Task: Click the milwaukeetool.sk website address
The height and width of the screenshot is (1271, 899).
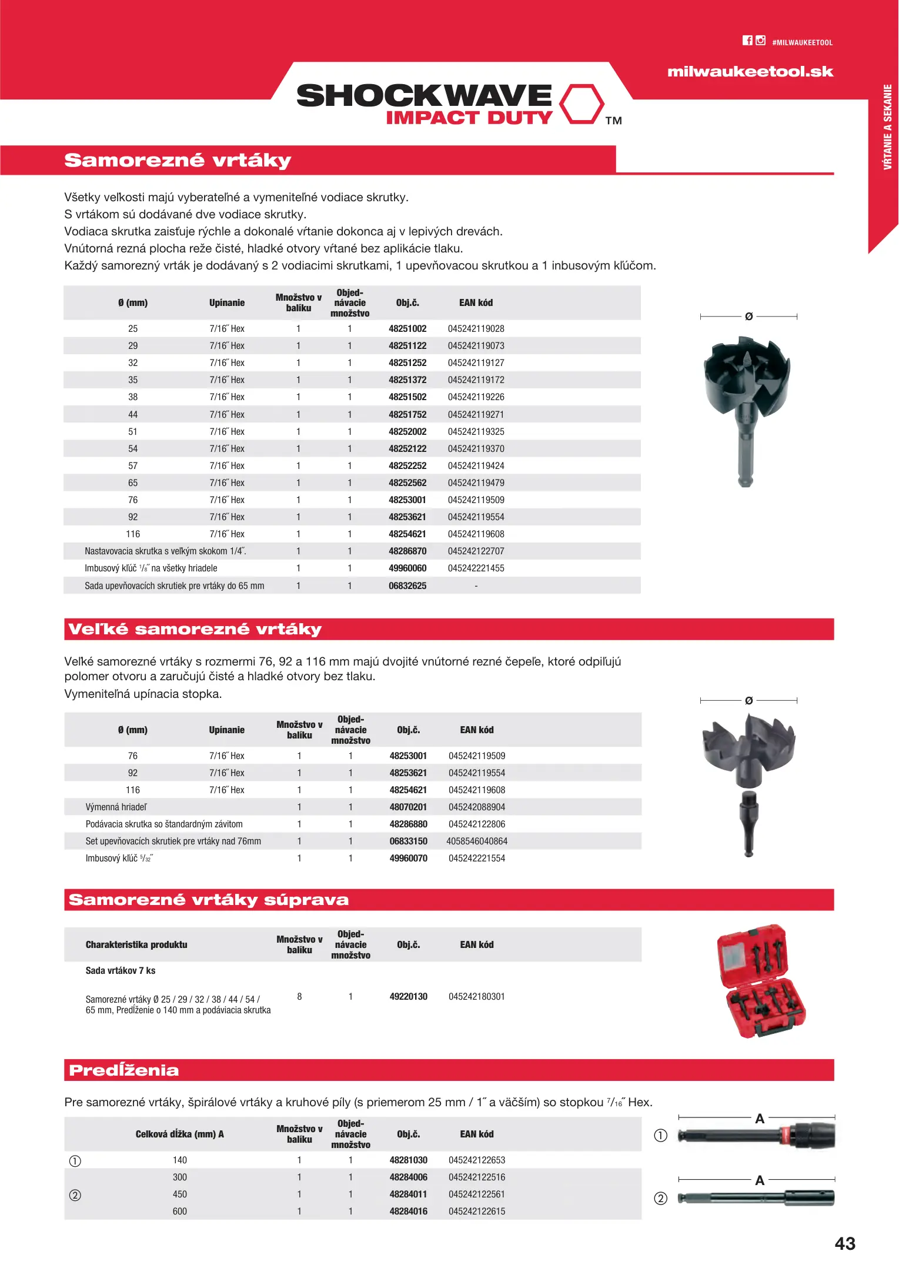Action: [750, 72]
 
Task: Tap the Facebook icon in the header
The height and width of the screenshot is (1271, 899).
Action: [747, 41]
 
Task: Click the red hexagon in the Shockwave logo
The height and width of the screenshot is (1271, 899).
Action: [581, 104]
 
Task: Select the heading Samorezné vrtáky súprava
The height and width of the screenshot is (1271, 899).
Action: [209, 900]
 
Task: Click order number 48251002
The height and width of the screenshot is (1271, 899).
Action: [407, 329]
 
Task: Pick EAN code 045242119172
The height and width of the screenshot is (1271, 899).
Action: [476, 380]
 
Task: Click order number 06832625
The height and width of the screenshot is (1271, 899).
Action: [407, 586]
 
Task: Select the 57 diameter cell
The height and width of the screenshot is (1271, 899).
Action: [133, 466]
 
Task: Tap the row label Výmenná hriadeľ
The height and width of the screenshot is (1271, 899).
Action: [116, 807]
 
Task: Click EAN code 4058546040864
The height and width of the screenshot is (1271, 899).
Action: [477, 841]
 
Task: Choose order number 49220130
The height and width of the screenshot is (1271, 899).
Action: [408, 997]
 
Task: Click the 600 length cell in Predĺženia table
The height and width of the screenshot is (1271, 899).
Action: [180, 1212]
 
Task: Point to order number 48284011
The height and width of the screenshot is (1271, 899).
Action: [408, 1195]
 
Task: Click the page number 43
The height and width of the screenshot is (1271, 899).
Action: [845, 1244]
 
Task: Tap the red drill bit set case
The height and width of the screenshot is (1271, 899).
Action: [761, 981]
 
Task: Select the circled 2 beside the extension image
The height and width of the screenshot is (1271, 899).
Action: [661, 1199]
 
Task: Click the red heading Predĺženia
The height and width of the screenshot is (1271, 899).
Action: [124, 1070]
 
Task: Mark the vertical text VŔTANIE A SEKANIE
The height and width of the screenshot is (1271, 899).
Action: [887, 127]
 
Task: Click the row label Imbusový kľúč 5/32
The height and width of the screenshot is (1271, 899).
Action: [119, 859]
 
